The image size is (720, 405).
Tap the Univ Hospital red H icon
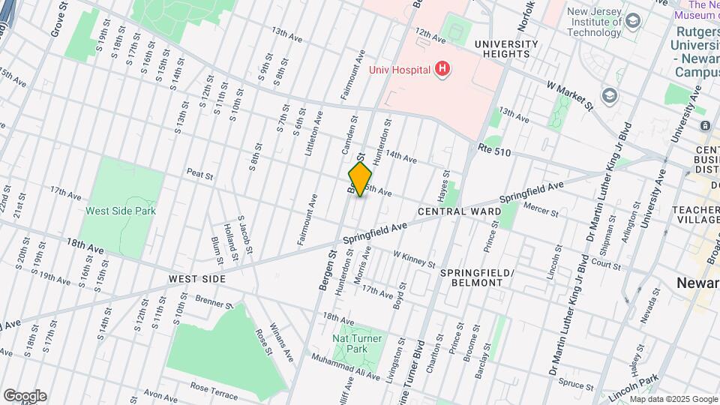click(x=442, y=70)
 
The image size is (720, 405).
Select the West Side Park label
click(x=120, y=211)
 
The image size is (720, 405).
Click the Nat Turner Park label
click(x=358, y=344)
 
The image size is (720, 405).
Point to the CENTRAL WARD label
click(x=470, y=212)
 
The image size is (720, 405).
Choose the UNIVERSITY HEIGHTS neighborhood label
click(x=506, y=49)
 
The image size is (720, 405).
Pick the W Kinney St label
click(x=414, y=259)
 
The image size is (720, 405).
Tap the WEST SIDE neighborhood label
click(x=197, y=279)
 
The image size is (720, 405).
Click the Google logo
click(x=25, y=395)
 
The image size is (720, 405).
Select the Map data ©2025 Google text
click(x=673, y=399)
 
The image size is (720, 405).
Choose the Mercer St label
click(x=541, y=209)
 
